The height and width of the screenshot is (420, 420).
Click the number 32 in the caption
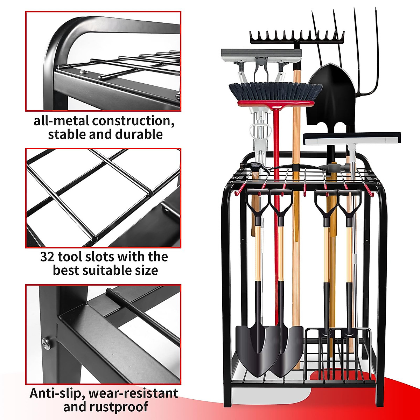(x=47, y=257)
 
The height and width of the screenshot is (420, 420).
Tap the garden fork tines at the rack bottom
(x=338, y=353)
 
